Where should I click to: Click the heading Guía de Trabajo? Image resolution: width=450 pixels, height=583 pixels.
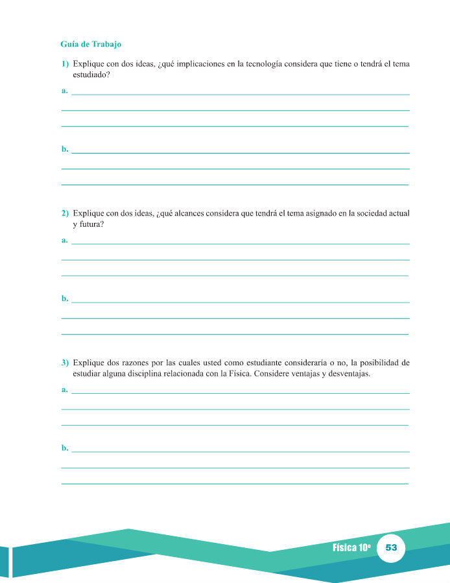91,45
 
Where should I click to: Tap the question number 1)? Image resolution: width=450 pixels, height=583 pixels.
65,64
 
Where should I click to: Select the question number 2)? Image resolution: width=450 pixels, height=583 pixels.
65,213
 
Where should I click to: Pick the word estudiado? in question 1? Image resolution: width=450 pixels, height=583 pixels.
91,75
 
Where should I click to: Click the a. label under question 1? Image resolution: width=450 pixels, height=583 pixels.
65,91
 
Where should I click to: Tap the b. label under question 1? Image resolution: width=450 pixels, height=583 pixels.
65,150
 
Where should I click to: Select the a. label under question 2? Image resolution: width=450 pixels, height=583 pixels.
65,240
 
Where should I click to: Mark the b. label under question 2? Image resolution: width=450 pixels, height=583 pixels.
65,299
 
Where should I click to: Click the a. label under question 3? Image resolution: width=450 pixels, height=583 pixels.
65,390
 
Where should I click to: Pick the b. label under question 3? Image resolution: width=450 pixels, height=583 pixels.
65,448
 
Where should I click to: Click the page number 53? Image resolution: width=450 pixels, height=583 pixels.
391,547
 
